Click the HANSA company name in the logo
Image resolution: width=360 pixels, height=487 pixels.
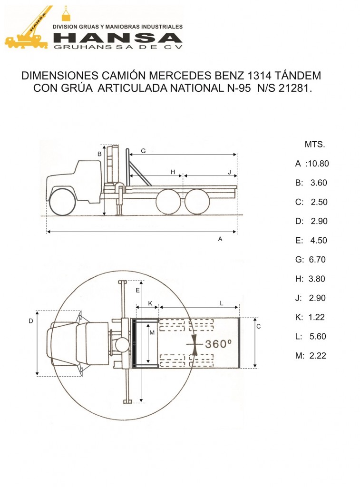(x=117, y=38)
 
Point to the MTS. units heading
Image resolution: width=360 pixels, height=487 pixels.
(x=314, y=144)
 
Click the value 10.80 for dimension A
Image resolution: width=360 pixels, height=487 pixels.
(x=318, y=164)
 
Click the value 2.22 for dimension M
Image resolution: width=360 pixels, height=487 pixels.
(x=317, y=355)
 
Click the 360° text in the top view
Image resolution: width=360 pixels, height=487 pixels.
(x=218, y=344)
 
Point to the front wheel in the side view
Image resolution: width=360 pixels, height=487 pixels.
(x=62, y=201)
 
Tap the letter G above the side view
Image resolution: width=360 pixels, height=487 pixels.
(x=143, y=151)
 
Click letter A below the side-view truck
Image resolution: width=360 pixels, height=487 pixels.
(x=220, y=239)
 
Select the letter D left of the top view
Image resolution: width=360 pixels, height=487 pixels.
(x=30, y=321)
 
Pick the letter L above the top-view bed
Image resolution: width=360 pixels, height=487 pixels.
(x=222, y=303)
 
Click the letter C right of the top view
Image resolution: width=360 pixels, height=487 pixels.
(x=258, y=327)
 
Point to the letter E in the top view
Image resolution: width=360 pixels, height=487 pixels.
(x=137, y=290)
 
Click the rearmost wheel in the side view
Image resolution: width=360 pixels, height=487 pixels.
(x=197, y=202)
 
